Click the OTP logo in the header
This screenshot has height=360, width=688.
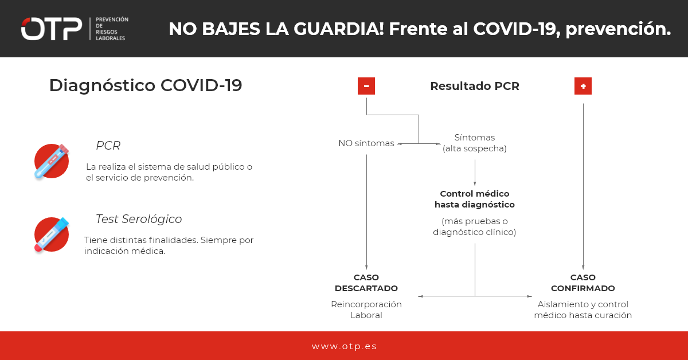pos(52,29)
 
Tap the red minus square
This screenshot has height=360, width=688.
pos(366,86)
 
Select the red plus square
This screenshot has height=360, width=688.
pos(583,86)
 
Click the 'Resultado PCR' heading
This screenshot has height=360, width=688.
pos(475,86)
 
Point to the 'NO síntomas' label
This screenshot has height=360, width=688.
pos(366,143)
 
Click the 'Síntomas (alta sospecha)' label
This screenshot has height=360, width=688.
pos(475,143)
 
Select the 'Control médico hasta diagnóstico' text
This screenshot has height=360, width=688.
pos(475,199)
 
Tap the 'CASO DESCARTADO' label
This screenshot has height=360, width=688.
pos(366,283)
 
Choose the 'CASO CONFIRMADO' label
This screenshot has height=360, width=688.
pos(583,283)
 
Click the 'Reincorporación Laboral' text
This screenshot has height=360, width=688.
pos(366,310)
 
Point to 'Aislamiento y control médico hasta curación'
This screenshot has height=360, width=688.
pos(583,310)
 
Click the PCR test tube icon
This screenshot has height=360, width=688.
pos(52,161)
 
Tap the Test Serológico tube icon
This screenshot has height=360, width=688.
pos(52,234)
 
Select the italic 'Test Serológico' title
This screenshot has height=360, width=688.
pos(139,219)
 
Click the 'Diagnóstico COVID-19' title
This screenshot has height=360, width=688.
pos(146,85)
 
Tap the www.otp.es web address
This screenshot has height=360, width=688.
pos(344,346)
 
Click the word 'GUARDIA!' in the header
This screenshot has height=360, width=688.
pos(339,29)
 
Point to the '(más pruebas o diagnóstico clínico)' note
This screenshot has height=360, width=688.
pos(475,226)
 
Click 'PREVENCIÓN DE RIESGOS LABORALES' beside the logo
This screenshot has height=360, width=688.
pos(112,29)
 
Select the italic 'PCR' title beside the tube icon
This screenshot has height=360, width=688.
pos(108,146)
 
